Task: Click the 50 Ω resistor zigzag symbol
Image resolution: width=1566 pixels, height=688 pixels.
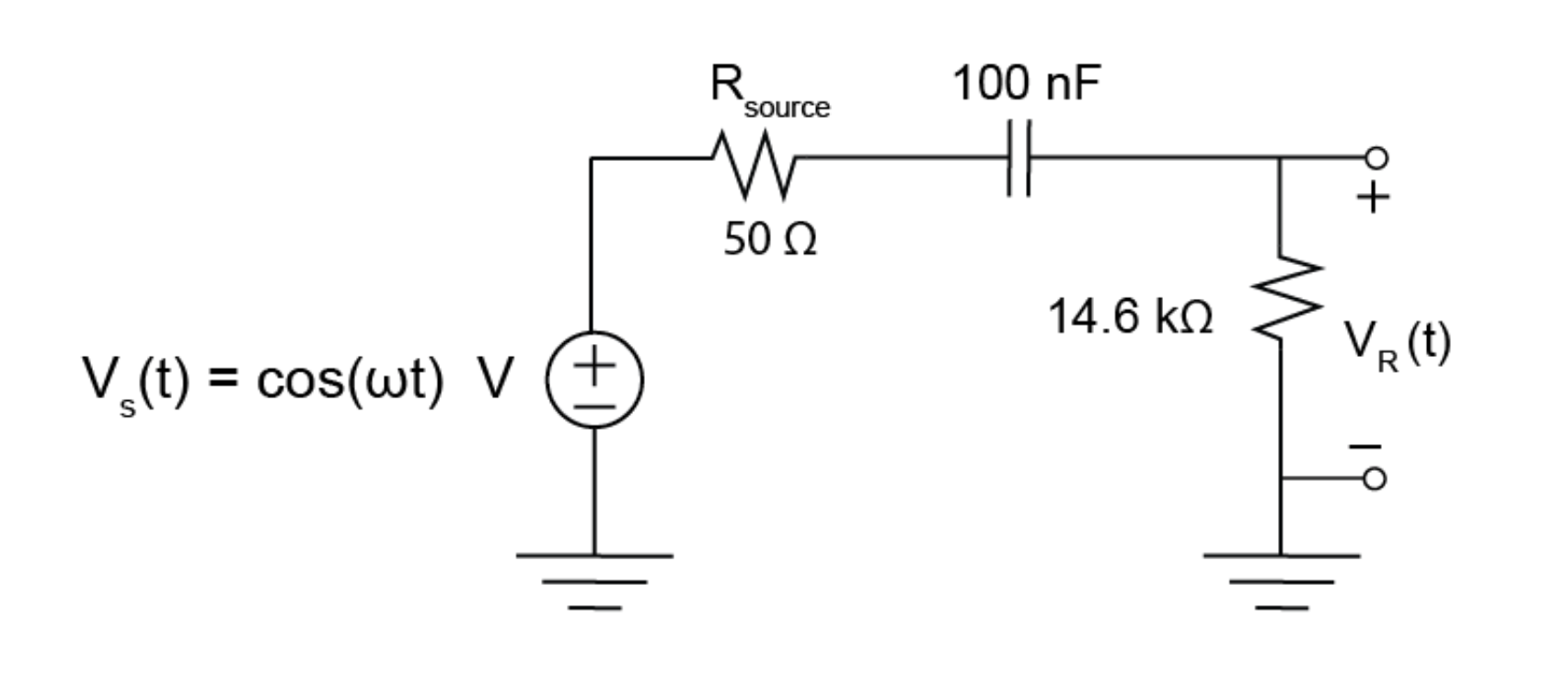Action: pyautogui.click(x=753, y=166)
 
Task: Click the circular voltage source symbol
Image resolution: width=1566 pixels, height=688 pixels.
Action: pyautogui.click(x=595, y=380)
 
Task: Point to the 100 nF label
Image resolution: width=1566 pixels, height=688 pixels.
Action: pyautogui.click(x=1026, y=84)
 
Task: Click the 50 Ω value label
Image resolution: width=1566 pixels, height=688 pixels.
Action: pyautogui.click(x=770, y=241)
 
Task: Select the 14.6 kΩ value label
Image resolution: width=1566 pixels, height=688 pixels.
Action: pyautogui.click(x=1130, y=318)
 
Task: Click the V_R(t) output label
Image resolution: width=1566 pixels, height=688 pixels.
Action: pyautogui.click(x=1398, y=345)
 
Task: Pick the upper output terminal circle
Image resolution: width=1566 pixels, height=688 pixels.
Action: pyautogui.click(x=1375, y=158)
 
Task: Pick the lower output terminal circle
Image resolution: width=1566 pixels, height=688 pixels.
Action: pyautogui.click(x=1375, y=479)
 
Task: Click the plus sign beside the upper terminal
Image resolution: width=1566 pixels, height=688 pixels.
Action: pyautogui.click(x=1374, y=198)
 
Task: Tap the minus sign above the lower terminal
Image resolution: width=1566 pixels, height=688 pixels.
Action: pyautogui.click(x=1366, y=448)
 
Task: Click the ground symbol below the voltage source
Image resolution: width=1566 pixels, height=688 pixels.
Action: pyautogui.click(x=594, y=579)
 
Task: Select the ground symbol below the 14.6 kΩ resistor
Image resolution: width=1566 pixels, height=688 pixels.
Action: pyautogui.click(x=1281, y=579)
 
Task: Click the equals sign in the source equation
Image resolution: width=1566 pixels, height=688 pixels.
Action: pyautogui.click(x=225, y=380)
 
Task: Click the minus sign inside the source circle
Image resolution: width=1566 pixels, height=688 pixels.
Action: pyautogui.click(x=595, y=404)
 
